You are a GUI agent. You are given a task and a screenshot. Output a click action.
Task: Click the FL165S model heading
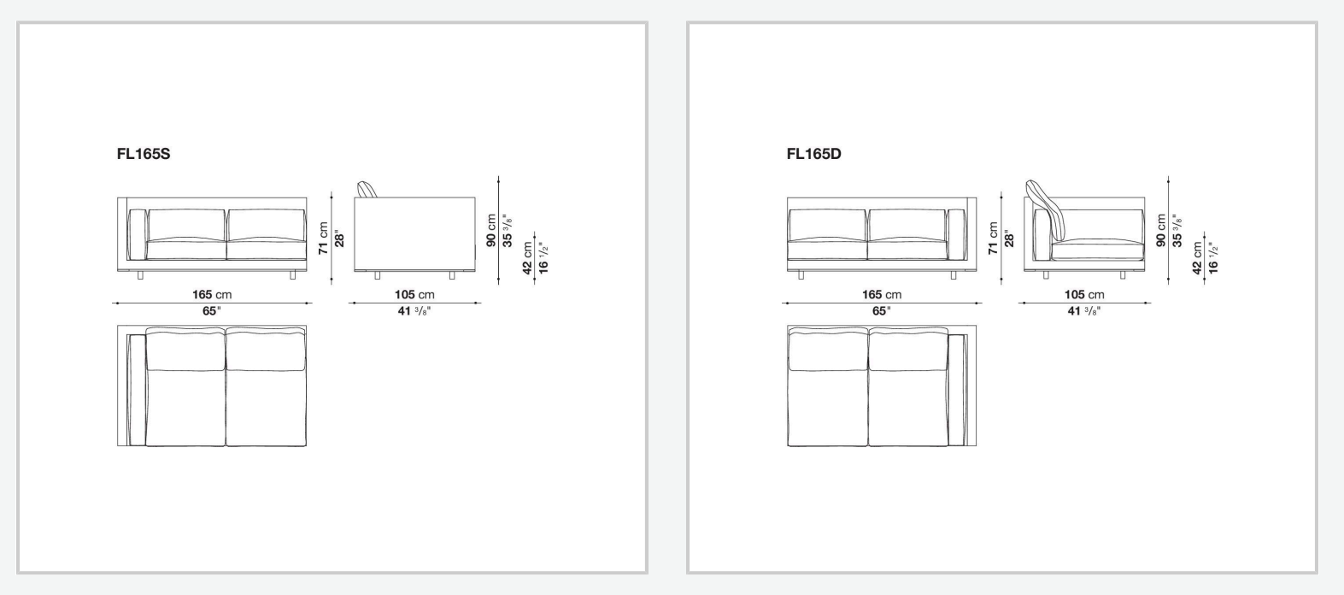[144, 154]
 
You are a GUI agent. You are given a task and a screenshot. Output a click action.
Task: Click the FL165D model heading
[813, 154]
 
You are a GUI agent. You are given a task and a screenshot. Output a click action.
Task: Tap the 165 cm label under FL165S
[212, 295]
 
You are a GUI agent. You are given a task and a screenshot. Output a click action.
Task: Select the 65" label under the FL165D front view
[882, 311]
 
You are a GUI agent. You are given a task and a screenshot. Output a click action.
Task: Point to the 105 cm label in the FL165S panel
[414, 295]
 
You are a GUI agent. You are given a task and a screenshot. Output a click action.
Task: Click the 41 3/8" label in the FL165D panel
[1084, 311]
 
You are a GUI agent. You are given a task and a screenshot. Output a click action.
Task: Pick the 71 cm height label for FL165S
[324, 239]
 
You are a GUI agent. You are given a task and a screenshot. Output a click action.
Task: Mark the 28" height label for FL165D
[1009, 239]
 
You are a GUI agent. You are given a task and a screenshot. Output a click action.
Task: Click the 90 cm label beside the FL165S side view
[490, 231]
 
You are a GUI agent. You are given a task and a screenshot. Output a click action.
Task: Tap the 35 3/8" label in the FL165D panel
[1177, 231]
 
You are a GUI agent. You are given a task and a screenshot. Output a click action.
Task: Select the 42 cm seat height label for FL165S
[527, 258]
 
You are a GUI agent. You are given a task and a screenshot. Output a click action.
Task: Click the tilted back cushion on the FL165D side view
[1045, 210]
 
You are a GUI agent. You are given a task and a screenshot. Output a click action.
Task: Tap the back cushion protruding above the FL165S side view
[367, 189]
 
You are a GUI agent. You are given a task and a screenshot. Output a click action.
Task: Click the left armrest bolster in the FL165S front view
[138, 235]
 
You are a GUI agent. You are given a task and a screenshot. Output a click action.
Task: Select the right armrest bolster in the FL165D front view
[956, 235]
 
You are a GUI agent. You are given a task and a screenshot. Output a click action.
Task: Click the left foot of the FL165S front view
[140, 275]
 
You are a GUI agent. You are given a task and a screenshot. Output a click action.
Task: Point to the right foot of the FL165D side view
[1122, 275]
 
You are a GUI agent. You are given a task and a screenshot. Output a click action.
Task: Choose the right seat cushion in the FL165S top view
[266, 386]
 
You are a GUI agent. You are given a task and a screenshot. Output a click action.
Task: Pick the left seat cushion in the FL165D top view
[827, 386]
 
